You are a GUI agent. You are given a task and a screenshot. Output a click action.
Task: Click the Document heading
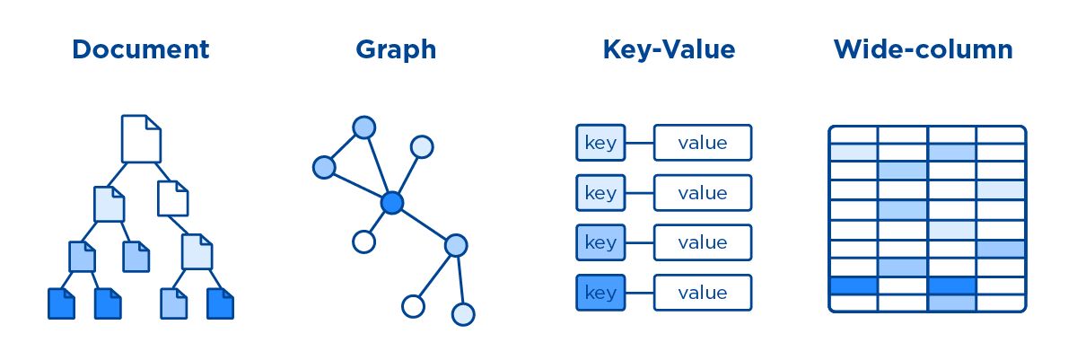140,48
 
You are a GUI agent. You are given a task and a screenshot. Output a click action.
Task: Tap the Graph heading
396,48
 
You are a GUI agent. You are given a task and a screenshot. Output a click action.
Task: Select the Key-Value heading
669,48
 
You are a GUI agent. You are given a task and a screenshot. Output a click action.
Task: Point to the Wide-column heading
923,48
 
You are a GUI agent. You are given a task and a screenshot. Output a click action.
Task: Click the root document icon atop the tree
141,138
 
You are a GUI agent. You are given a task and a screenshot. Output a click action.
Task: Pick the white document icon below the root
173,198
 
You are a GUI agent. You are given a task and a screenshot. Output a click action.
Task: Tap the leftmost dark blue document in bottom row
61,303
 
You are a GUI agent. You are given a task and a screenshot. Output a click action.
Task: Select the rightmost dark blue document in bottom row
221,303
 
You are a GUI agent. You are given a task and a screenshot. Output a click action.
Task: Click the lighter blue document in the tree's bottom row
174,303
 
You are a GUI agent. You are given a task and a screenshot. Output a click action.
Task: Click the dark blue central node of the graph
391,203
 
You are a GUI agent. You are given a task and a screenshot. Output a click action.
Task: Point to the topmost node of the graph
363,127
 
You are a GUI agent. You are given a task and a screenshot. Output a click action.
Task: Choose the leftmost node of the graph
324,167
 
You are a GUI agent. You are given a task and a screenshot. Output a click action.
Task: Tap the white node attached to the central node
363,241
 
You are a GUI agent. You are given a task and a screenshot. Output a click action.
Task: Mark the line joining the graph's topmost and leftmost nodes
344,147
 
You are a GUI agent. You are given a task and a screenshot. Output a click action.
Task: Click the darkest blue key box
600,293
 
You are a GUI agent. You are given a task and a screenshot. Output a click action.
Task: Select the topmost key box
600,142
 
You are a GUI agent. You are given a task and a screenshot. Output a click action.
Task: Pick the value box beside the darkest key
702,293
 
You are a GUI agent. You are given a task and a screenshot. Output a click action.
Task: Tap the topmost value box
702,142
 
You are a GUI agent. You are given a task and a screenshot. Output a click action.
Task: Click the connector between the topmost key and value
639,142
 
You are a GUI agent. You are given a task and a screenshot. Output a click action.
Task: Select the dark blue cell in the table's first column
853,286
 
